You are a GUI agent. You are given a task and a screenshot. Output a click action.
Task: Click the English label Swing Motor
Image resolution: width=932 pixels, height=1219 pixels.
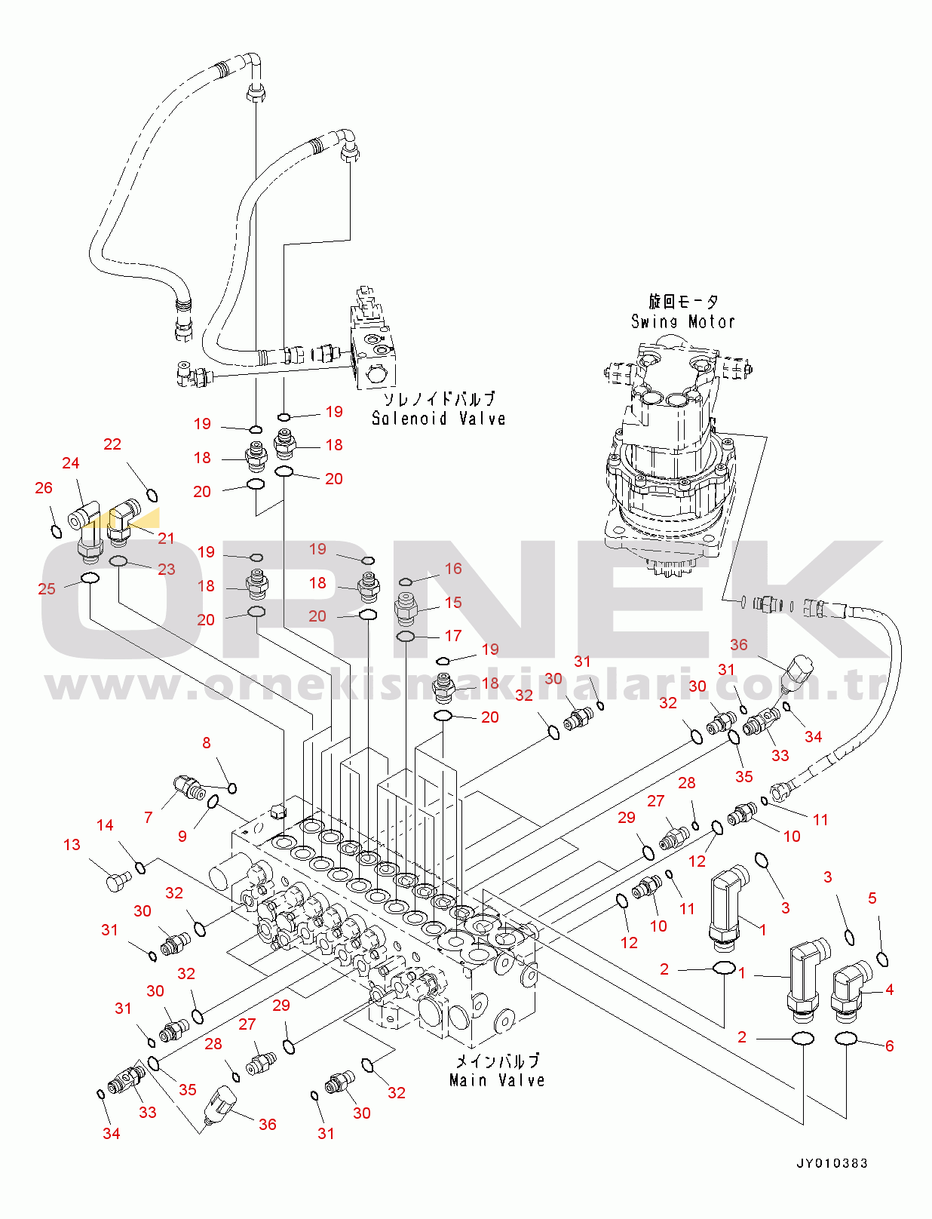pos(682,321)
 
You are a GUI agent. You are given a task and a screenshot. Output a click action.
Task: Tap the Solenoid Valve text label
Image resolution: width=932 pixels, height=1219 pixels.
pos(439,418)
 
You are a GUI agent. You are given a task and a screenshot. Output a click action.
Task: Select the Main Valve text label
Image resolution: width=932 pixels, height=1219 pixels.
pos(497,1080)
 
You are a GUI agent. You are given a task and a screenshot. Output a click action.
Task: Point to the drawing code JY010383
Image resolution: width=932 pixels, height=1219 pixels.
pos(832,1163)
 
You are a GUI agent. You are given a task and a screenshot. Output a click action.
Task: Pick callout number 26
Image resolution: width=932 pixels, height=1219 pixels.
pos(44,487)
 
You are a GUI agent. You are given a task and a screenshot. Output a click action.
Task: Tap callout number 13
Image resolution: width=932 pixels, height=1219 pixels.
pos(72,845)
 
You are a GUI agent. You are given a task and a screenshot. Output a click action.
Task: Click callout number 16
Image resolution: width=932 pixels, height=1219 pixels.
pos(453,568)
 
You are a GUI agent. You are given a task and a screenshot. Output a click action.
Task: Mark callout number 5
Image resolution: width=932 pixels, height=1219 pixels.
pos(872,898)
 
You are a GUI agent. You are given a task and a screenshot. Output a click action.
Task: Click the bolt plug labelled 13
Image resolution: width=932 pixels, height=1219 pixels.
pos(118,881)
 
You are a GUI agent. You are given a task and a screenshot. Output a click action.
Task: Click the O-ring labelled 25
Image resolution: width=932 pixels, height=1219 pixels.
pos(90,579)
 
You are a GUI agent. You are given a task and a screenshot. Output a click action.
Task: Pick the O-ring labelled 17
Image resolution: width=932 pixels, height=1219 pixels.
pos(405,636)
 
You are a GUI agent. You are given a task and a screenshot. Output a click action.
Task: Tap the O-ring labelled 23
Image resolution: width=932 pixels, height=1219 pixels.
pos(118,561)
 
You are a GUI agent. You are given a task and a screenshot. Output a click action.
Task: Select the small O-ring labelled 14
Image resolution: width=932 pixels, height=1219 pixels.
pos(141,867)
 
